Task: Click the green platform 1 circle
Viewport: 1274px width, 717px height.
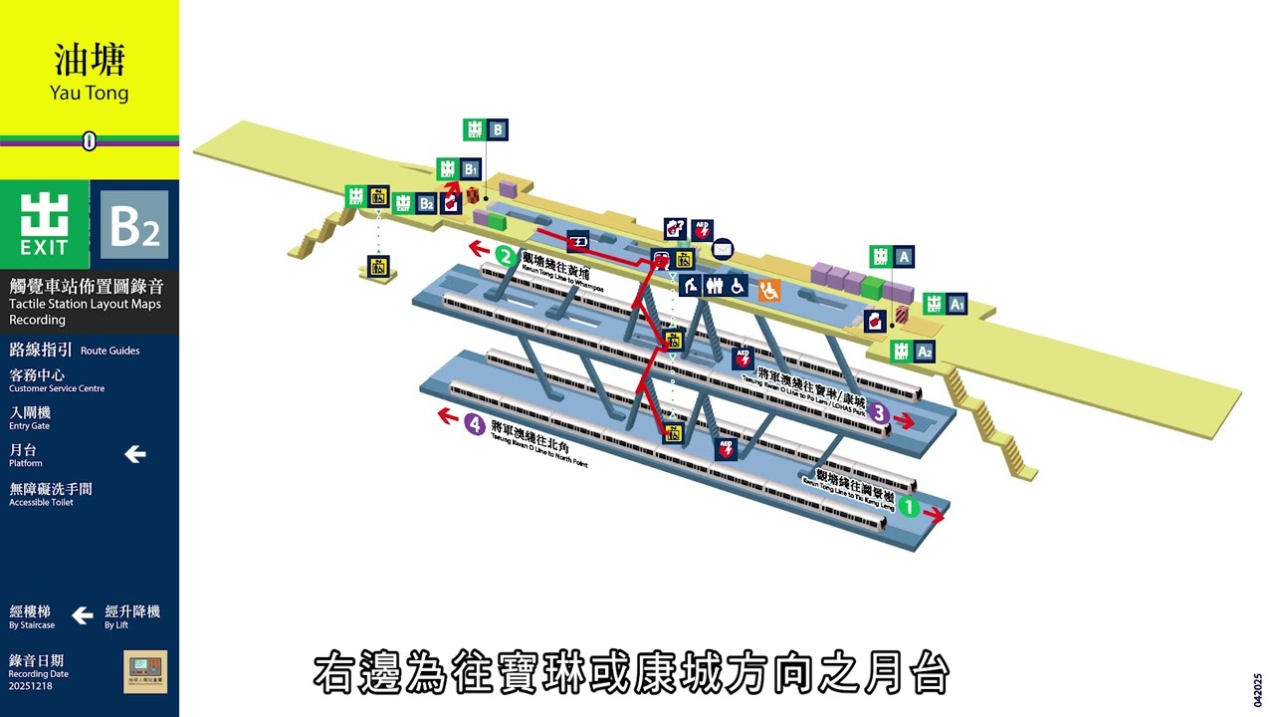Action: [909, 507]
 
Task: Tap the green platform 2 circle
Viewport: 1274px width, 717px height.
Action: [506, 256]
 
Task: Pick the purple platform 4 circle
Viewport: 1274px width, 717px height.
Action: [476, 425]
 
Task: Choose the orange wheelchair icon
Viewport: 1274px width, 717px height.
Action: [769, 290]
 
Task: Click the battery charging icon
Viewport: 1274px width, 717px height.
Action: [578, 240]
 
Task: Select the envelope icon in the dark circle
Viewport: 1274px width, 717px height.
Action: [723, 248]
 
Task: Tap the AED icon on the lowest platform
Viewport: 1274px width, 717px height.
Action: [728, 449]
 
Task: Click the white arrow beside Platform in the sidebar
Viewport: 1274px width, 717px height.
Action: [135, 454]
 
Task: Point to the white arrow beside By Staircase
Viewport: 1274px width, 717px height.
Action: [83, 615]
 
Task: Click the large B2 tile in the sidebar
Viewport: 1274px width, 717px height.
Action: [134, 225]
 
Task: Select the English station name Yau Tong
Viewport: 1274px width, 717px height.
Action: [90, 93]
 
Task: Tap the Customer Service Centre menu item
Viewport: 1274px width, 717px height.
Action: [57, 380]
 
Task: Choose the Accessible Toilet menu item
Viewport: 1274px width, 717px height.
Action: [51, 494]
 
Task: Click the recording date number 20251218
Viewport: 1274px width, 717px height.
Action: [30, 686]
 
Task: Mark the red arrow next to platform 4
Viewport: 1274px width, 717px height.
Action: [448, 416]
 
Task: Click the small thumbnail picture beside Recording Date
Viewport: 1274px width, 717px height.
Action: [145, 672]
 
